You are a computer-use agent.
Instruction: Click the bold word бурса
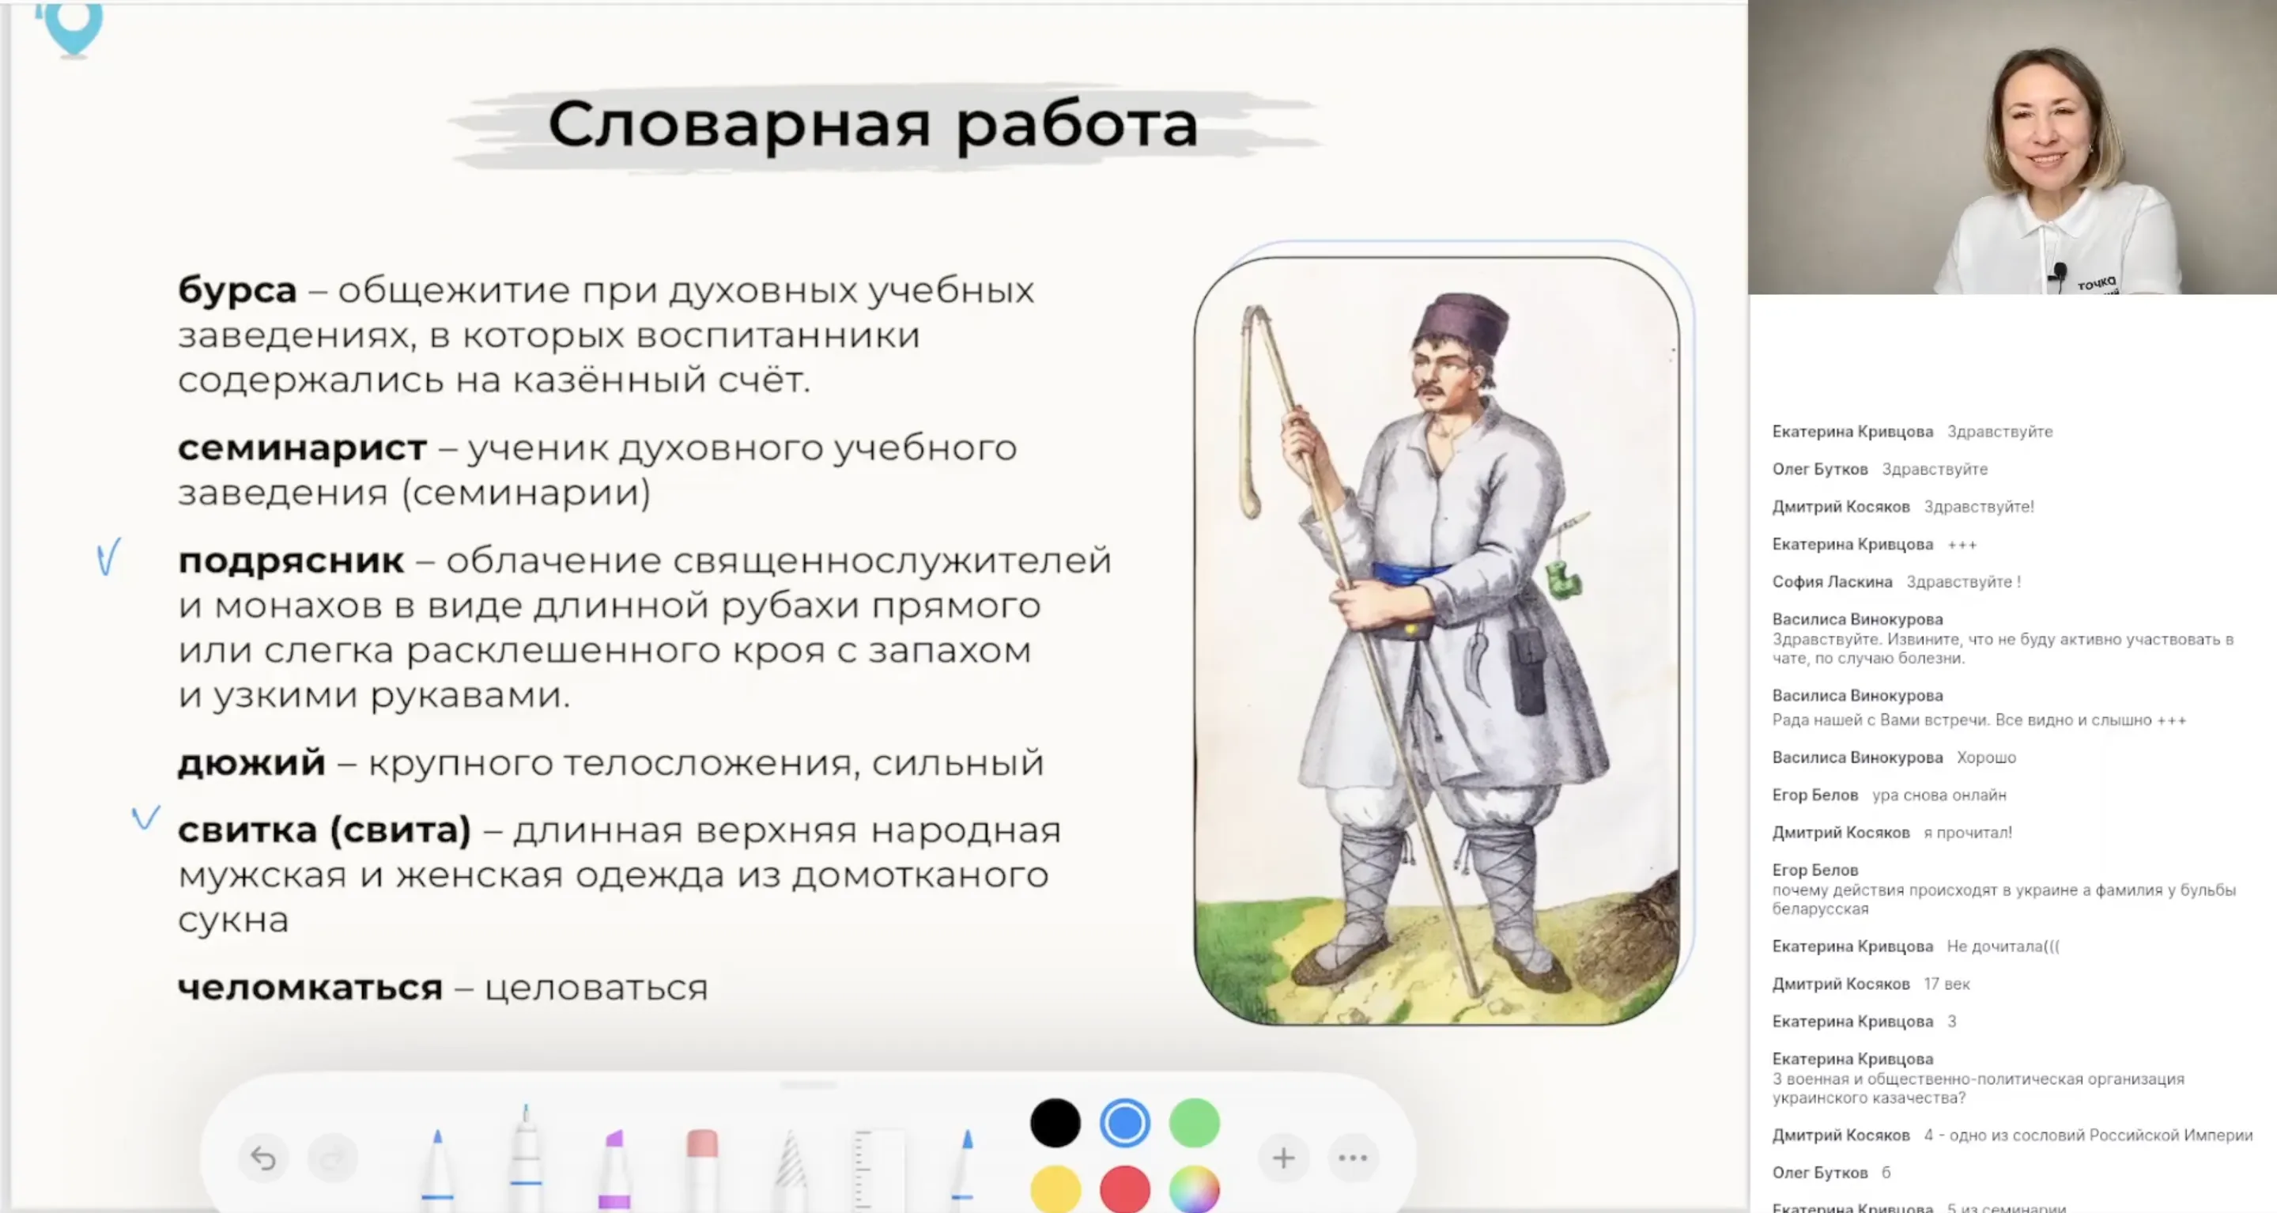click(237, 290)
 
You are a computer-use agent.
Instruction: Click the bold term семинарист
click(301, 448)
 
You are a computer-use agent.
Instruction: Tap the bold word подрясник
click(291, 561)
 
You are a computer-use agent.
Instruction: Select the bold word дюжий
click(251, 762)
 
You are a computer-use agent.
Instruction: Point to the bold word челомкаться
click(309, 988)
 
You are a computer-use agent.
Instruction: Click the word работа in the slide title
click(1076, 125)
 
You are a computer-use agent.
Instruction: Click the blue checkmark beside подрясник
click(108, 558)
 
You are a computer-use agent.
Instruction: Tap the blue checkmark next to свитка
click(145, 817)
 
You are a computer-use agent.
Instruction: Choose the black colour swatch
click(1055, 1124)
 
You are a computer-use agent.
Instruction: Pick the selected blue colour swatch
click(1124, 1124)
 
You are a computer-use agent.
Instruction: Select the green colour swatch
click(1194, 1124)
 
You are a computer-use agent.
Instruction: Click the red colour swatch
click(1124, 1189)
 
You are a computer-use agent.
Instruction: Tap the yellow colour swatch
click(1055, 1189)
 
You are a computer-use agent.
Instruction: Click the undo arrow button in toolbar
click(262, 1158)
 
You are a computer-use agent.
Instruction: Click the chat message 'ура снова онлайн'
click(1939, 795)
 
